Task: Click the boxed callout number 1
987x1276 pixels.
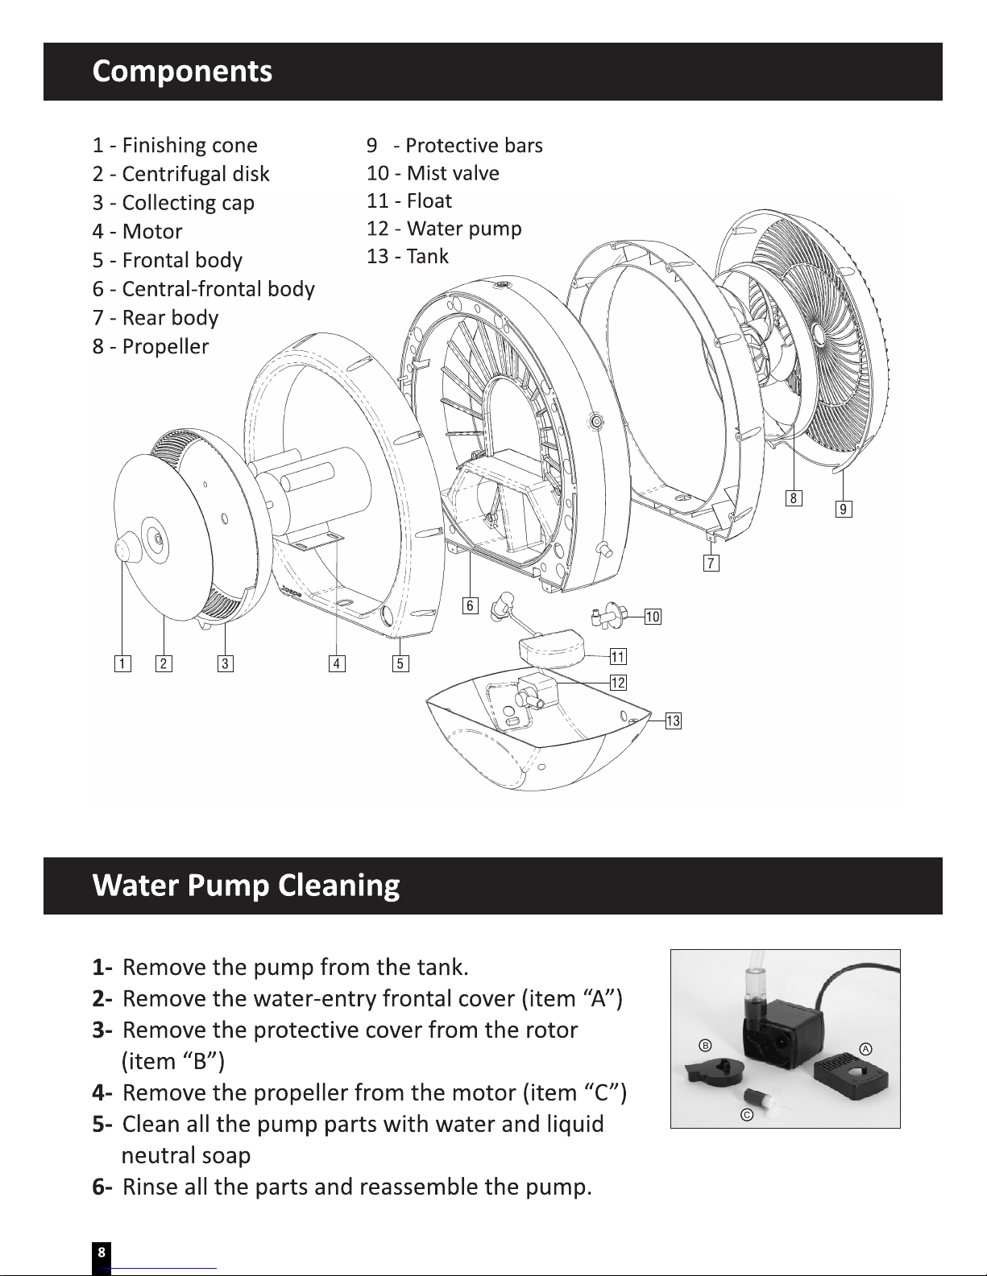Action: click(122, 663)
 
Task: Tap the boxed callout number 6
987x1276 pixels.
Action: click(470, 605)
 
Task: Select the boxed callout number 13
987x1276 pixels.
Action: click(674, 721)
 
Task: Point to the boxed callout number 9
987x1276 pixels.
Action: click(844, 509)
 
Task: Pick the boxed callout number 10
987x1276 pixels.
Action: click(653, 617)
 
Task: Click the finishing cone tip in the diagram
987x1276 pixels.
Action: click(122, 550)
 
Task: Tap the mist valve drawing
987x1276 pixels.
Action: click(608, 615)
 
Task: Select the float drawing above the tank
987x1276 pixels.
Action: click(551, 648)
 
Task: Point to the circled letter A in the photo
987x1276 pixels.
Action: click(865, 1049)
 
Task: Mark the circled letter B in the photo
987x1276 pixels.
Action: click(705, 1045)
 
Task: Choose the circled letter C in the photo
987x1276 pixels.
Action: click(747, 1114)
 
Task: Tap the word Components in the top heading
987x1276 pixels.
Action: click(182, 71)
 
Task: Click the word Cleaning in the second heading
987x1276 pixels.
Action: click(338, 885)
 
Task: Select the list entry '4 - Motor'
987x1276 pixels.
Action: click(138, 231)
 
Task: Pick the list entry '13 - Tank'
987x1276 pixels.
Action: click(408, 256)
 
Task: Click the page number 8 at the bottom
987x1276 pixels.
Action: click(101, 1252)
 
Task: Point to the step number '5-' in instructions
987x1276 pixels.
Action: click(102, 1124)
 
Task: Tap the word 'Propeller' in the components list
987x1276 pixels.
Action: click(165, 347)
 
